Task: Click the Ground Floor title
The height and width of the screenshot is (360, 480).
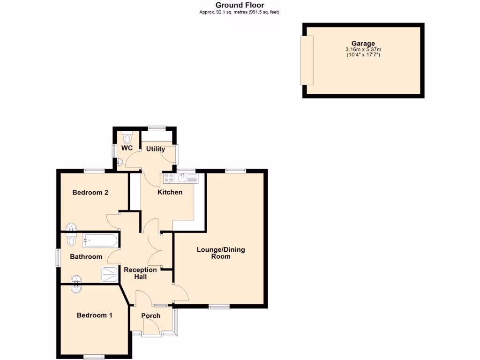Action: point(240,5)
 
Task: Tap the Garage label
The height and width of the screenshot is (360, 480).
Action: point(363,44)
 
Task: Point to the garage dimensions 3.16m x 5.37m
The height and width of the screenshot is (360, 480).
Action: point(363,49)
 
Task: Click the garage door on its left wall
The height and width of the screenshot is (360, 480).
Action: point(307,60)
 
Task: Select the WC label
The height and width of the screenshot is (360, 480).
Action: point(127,148)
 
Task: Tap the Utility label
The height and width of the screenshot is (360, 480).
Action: point(155,149)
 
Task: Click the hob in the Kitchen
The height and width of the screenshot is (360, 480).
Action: point(169,178)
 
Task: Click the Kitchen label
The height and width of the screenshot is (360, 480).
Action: point(170,192)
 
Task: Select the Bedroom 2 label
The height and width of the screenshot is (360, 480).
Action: point(90,192)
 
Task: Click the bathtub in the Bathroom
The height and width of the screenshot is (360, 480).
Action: point(99,241)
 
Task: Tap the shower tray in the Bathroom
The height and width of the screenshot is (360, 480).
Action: point(110,274)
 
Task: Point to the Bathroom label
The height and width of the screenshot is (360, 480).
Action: point(86,256)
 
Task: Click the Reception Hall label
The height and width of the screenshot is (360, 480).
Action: point(140,273)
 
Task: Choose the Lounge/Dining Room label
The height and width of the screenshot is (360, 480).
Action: point(220,253)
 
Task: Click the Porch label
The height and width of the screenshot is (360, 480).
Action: point(151,315)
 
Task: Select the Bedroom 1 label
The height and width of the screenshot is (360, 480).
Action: point(94,315)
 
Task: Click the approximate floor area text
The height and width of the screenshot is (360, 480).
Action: point(240,12)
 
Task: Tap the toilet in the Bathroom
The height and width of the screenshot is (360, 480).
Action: point(71,241)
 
